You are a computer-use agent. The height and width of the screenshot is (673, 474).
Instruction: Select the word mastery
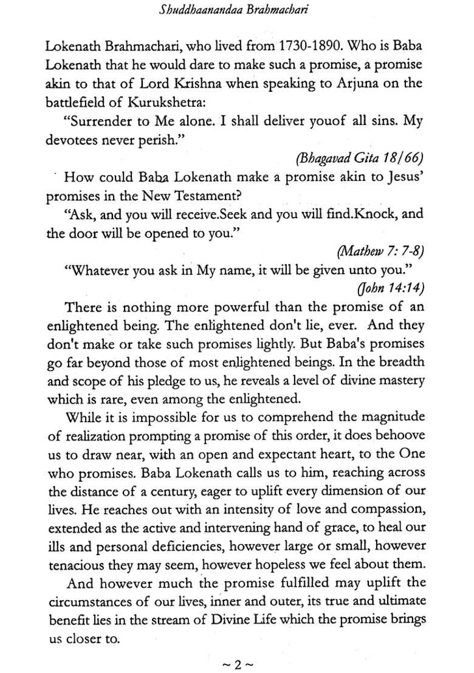point(402,381)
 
